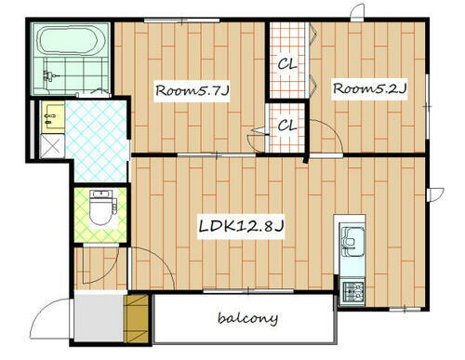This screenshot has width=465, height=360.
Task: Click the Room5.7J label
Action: [x=192, y=91]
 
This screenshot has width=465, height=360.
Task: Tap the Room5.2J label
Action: [x=369, y=88]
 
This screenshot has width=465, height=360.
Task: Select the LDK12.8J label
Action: [x=241, y=226]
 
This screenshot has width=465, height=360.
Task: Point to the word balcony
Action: [x=247, y=318]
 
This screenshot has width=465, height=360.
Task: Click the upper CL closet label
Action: [x=286, y=64]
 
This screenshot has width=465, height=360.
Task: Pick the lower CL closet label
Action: [x=286, y=126]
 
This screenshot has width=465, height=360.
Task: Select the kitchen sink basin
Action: [x=352, y=241]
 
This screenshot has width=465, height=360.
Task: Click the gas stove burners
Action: [x=353, y=291]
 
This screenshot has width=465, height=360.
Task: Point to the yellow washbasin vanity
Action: [x=53, y=117]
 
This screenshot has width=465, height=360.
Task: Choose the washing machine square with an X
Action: [x=52, y=146]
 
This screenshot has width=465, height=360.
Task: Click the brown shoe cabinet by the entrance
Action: [x=136, y=319]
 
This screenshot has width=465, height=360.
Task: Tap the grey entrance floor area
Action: [x=100, y=318]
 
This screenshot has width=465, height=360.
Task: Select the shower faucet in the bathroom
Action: [x=47, y=75]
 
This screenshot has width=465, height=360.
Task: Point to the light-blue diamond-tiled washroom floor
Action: [x=97, y=140]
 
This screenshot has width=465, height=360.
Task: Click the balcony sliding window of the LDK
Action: [x=248, y=291]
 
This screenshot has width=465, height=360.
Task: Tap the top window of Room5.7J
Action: [x=182, y=20]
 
